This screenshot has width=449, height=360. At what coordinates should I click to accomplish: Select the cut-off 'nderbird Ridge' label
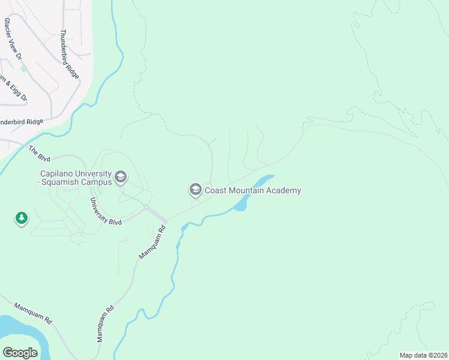tap(22, 122)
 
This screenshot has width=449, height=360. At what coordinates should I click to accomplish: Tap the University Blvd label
tap(106, 211)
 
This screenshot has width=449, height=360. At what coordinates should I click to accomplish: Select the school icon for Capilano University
tap(121, 176)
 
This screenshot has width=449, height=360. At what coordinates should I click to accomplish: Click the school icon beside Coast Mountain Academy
tap(195, 190)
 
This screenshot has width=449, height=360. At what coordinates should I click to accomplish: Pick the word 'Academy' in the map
tap(283, 191)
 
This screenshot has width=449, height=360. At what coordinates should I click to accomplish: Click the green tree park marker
tap(22, 218)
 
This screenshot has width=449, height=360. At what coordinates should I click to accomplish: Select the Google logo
tap(20, 352)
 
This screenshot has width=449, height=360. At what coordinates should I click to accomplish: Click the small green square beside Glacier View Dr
tap(23, 68)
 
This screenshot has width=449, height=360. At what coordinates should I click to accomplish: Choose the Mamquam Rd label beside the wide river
tap(33, 313)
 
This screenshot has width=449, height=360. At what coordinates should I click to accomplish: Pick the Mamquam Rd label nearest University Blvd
tap(152, 242)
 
